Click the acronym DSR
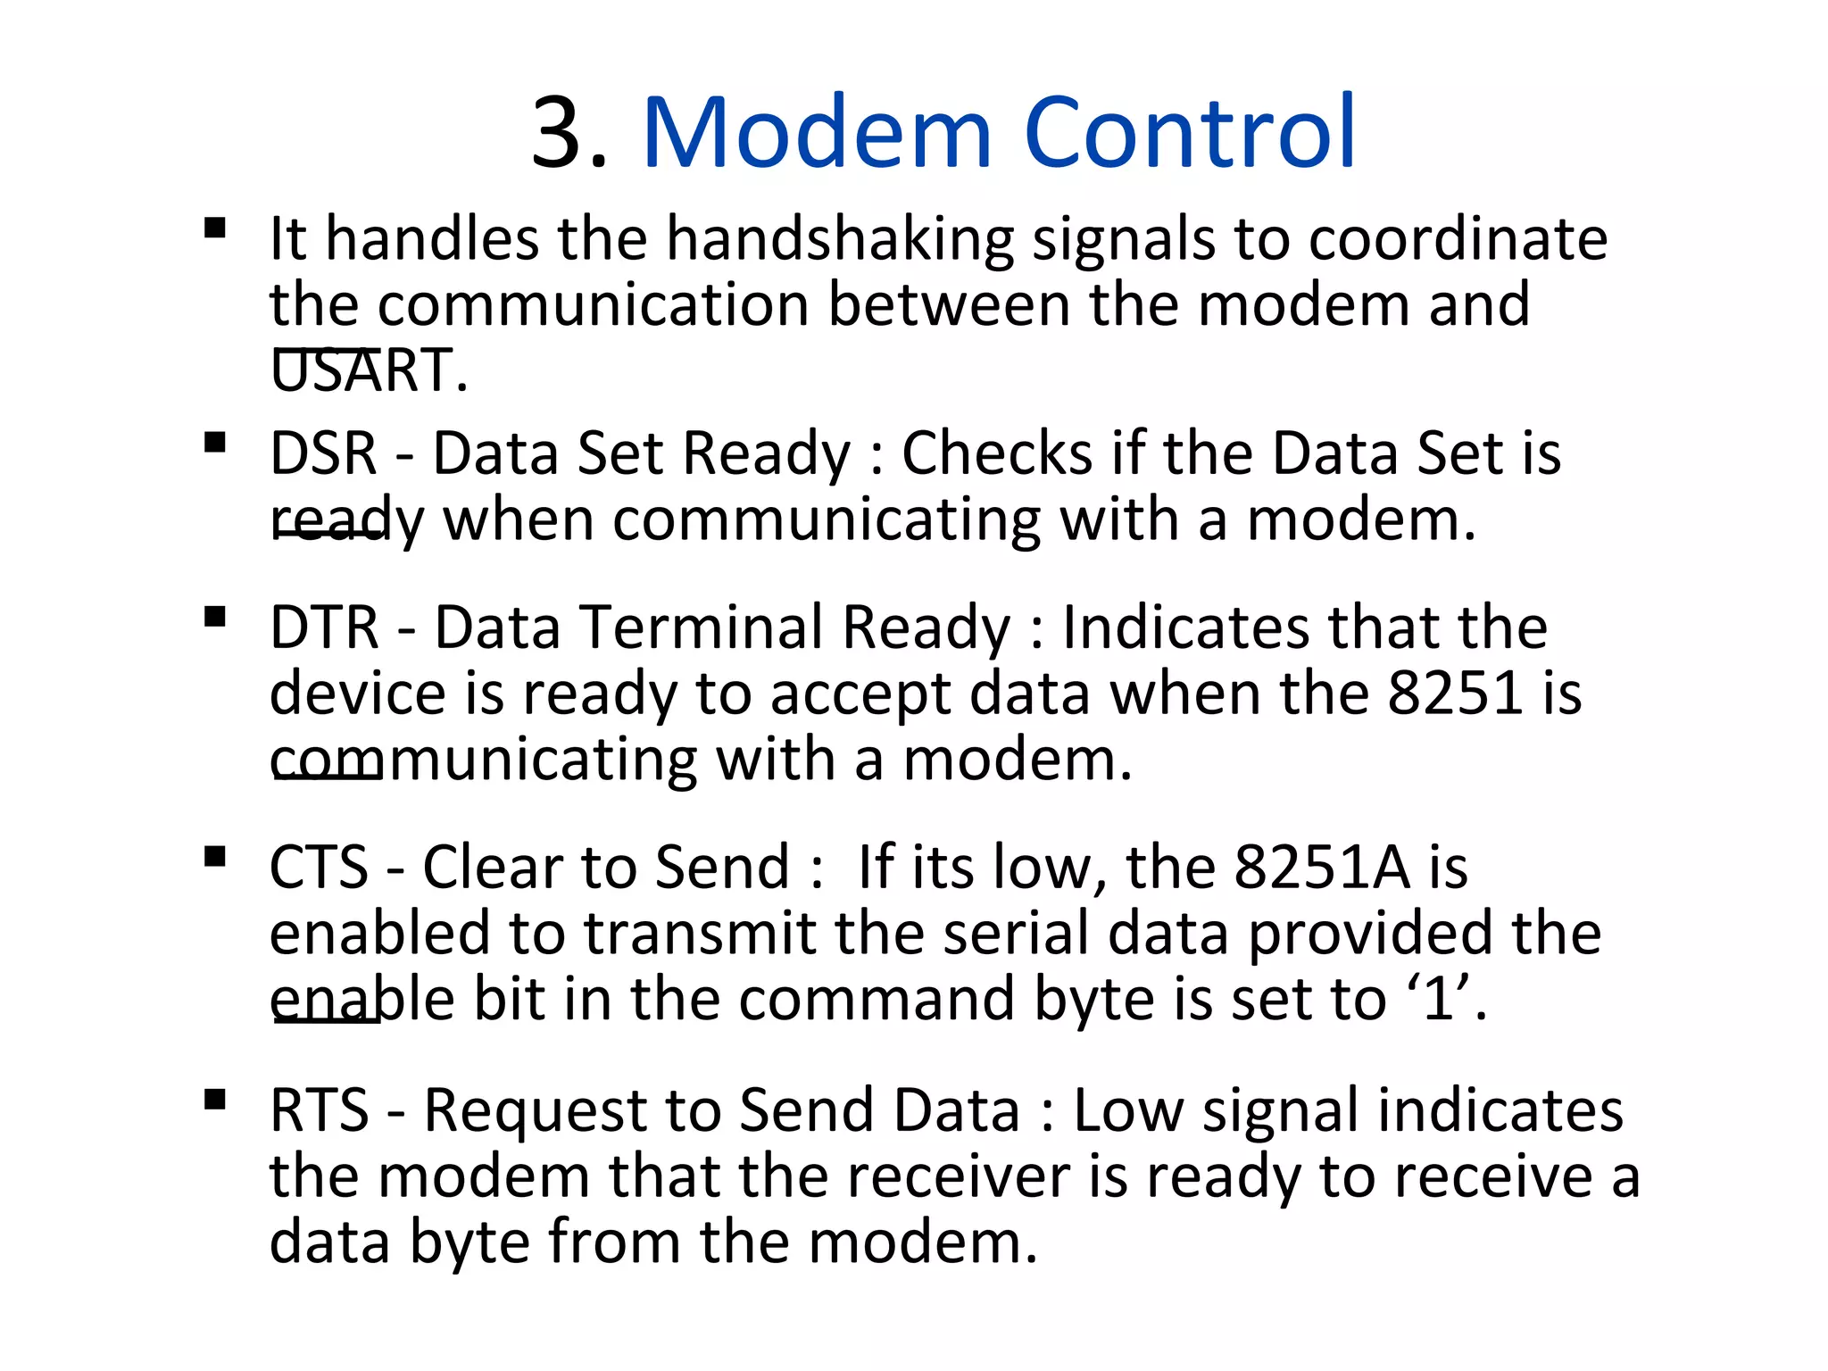point(323,453)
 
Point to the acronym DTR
point(325,627)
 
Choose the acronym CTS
point(319,868)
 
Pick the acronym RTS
point(319,1111)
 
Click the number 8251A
point(1322,868)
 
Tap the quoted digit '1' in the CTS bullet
point(1438,999)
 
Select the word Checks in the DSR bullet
point(996,453)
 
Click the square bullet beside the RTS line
point(214,1099)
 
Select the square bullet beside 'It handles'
point(214,228)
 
